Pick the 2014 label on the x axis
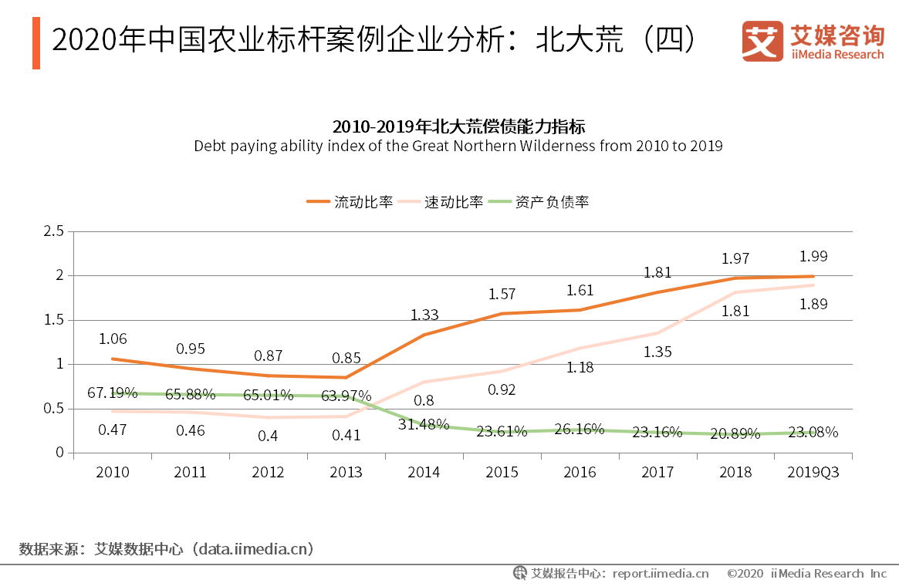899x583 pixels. [423, 473]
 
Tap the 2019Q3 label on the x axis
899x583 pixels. [813, 473]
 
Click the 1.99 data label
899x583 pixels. [813, 257]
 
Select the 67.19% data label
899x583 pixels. [112, 393]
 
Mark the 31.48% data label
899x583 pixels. [424, 424]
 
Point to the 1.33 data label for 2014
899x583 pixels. [424, 315]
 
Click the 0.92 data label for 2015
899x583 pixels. [502, 389]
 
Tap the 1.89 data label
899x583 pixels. [813, 304]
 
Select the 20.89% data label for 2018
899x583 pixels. [735, 432]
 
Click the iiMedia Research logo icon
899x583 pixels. [761, 41]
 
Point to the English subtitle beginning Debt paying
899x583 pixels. [458, 145]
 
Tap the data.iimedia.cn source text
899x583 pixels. [255, 549]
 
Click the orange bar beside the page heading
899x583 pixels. [35, 42]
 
